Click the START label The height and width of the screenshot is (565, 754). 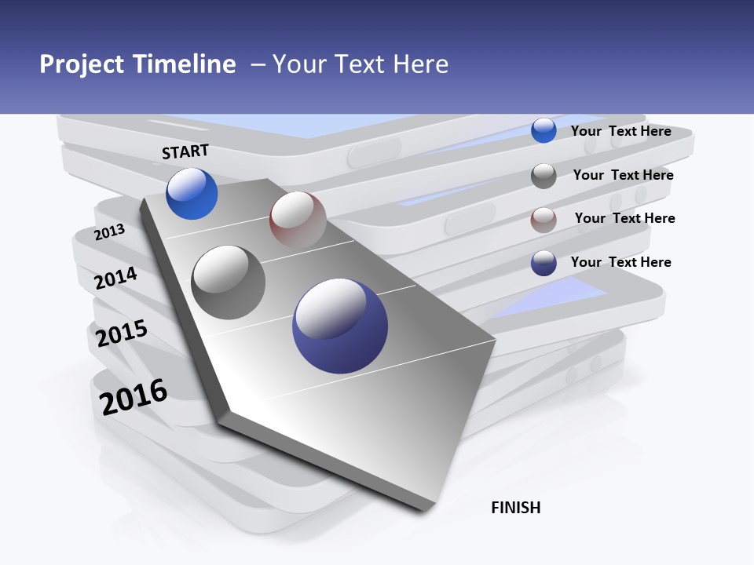point(185,151)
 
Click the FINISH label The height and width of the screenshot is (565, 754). point(515,508)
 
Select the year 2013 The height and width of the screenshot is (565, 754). point(109,232)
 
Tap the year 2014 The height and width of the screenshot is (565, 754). point(115,278)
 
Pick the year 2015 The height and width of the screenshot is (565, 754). point(121,334)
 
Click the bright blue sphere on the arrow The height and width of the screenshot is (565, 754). point(192,193)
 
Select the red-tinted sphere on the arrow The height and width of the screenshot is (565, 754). point(298,219)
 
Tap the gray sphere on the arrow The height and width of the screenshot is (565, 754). point(229,282)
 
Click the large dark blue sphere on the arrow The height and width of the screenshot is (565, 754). point(340,326)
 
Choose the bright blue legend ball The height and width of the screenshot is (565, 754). point(544,131)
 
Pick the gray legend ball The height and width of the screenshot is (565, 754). point(544,176)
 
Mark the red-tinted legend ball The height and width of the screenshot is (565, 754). point(544,219)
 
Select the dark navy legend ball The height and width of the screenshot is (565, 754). point(544,263)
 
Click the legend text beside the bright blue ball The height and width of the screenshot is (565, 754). point(620,131)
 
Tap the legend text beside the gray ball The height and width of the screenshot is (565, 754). point(623,175)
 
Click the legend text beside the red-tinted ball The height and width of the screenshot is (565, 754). point(624,218)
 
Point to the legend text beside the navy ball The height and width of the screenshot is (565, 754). point(620,262)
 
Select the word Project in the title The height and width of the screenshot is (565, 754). point(82,64)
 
